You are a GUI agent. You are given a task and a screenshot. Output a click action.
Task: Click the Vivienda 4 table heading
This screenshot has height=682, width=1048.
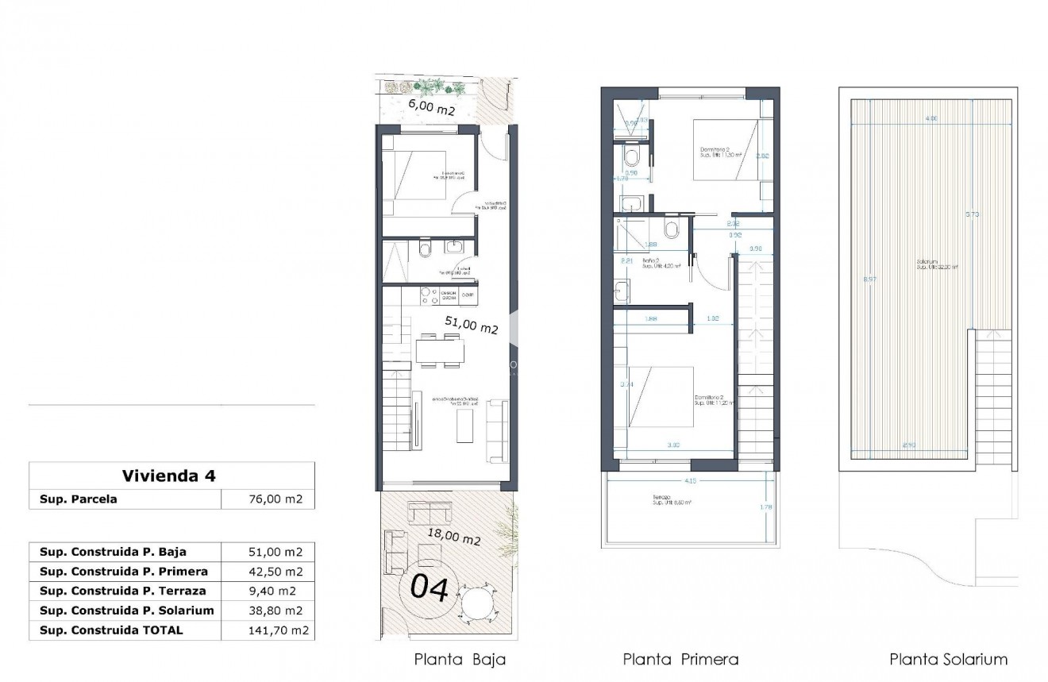point(169,476)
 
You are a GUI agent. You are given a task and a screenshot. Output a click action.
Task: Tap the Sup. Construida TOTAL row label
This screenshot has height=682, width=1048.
point(111,630)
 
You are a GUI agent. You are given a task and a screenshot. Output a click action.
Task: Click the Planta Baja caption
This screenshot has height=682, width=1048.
point(460,659)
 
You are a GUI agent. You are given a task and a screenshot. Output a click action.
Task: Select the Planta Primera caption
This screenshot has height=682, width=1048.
point(680,659)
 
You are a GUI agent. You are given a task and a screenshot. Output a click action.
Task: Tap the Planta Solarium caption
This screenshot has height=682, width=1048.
point(948,659)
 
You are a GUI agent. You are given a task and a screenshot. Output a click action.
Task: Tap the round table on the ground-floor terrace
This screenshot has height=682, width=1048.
point(481,602)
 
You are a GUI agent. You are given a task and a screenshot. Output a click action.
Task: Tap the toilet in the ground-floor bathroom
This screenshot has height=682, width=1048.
point(424,251)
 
